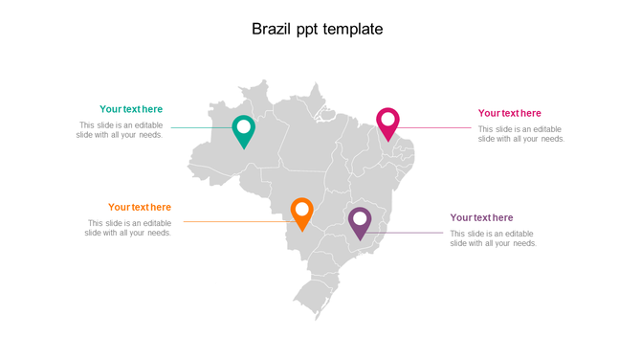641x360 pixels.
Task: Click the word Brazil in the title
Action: (271, 30)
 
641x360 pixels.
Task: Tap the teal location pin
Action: (244, 131)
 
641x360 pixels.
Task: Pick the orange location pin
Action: (301, 214)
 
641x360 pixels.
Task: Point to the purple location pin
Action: (360, 223)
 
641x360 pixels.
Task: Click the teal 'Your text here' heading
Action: (131, 109)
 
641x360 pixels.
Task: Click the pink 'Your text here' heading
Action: (509, 113)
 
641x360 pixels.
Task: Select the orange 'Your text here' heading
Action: (140, 207)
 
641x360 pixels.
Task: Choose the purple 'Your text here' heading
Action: (481, 217)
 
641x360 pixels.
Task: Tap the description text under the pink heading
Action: (521, 134)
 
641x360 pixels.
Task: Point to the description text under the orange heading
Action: (128, 228)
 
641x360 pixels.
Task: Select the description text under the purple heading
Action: (493, 238)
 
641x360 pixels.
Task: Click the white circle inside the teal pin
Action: (244, 126)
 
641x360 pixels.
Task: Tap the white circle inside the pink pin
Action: (387, 120)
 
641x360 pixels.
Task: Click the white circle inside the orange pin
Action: (301, 209)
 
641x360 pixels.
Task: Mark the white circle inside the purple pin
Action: (360, 218)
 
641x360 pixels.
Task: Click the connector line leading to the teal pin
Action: (201, 127)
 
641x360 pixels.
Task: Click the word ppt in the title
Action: (314, 30)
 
